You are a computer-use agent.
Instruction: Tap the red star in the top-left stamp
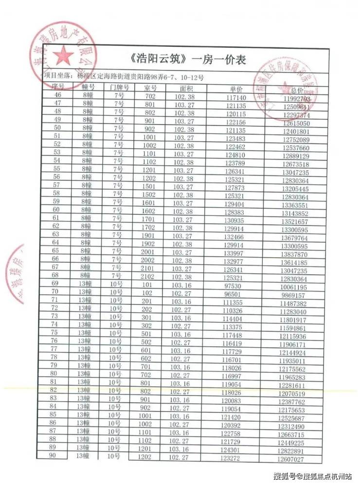pyautogui.click(x=62, y=56)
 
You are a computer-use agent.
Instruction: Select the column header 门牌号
pyautogui.click(x=119, y=88)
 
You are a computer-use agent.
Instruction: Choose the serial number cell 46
pyautogui.click(x=58, y=95)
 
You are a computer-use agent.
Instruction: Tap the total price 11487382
pyautogui.click(x=293, y=304)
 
